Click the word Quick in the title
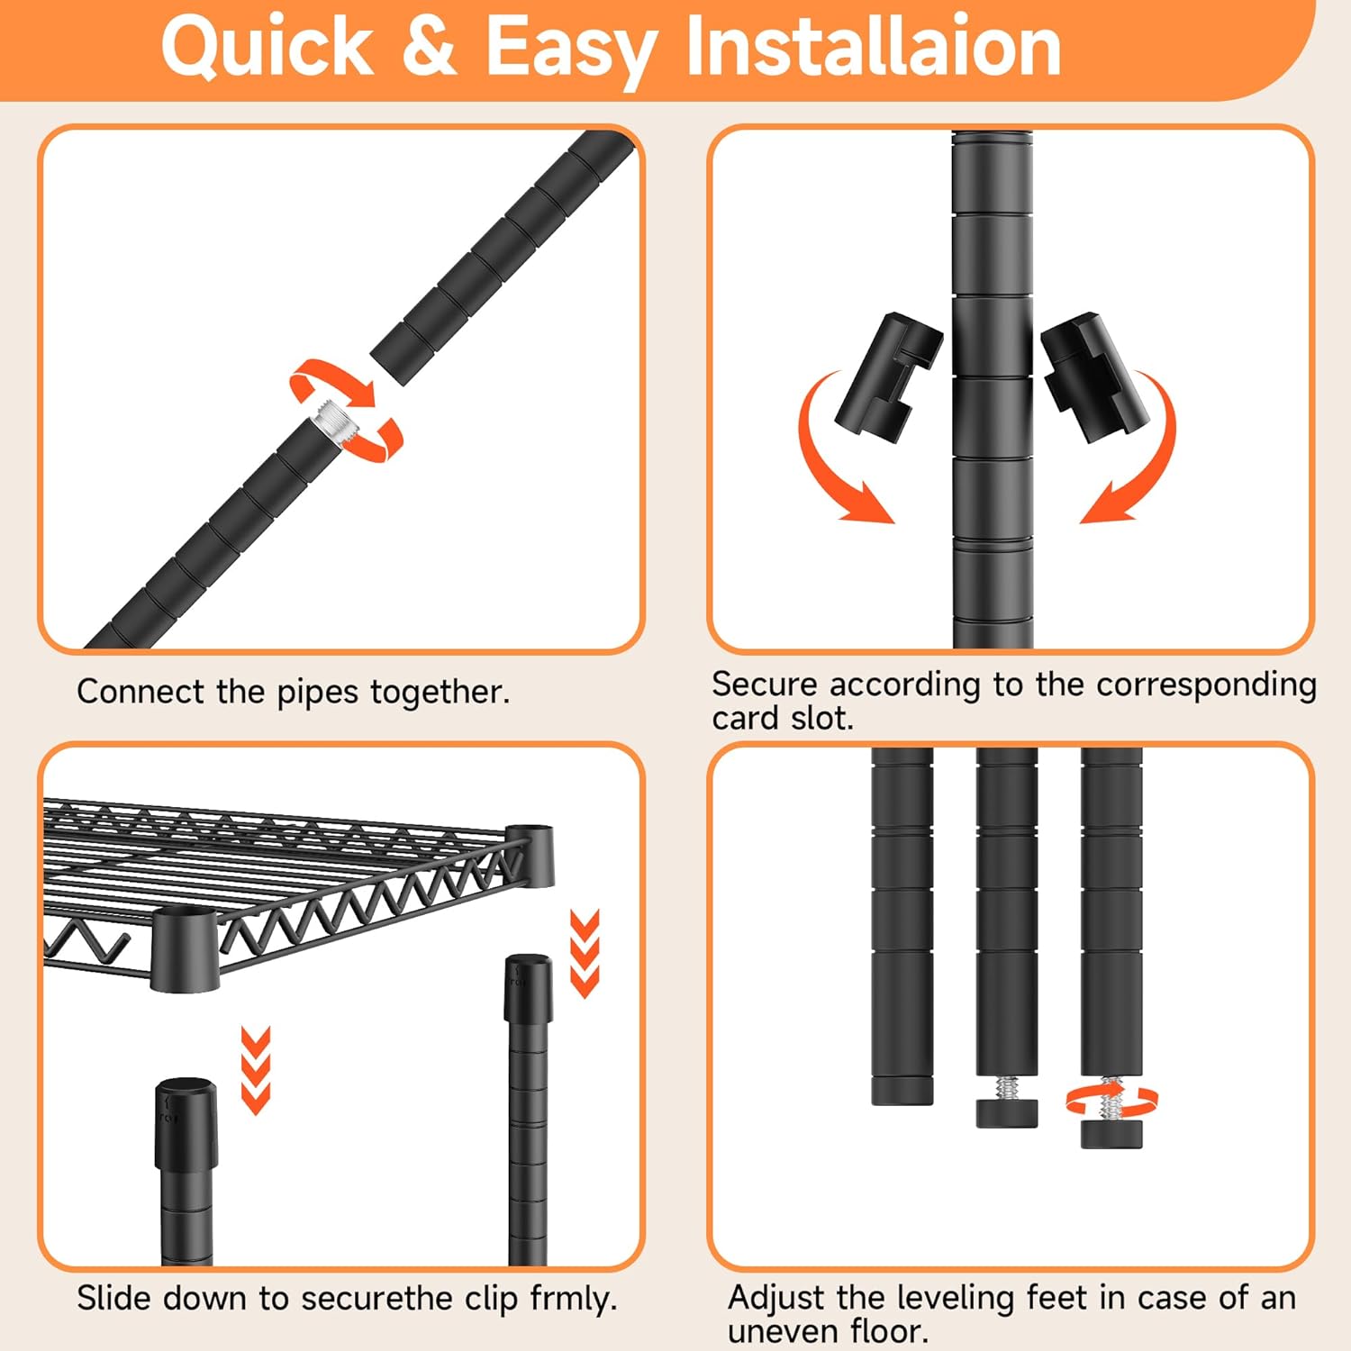[x=267, y=47]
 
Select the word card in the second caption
[x=745, y=719]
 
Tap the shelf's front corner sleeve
[x=185, y=950]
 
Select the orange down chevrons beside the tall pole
[x=585, y=953]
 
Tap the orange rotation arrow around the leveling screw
[x=1111, y=1100]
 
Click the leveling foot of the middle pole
[x=1007, y=1112]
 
